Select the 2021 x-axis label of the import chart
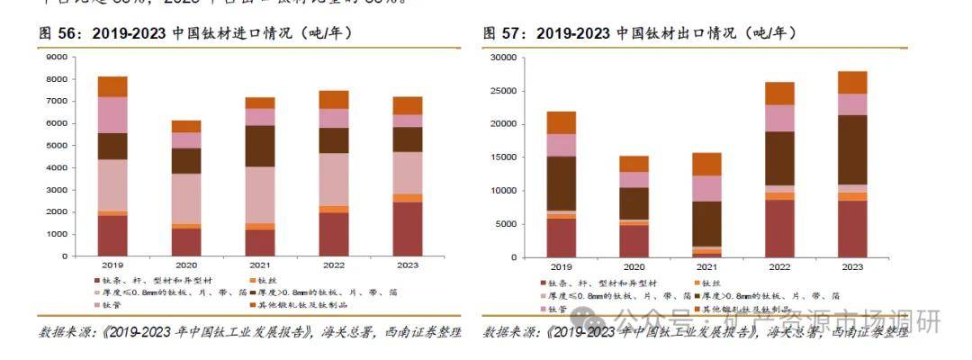click(x=261, y=266)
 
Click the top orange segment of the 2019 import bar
click(x=112, y=86)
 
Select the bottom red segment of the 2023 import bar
click(x=409, y=229)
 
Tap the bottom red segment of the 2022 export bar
click(x=780, y=229)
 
